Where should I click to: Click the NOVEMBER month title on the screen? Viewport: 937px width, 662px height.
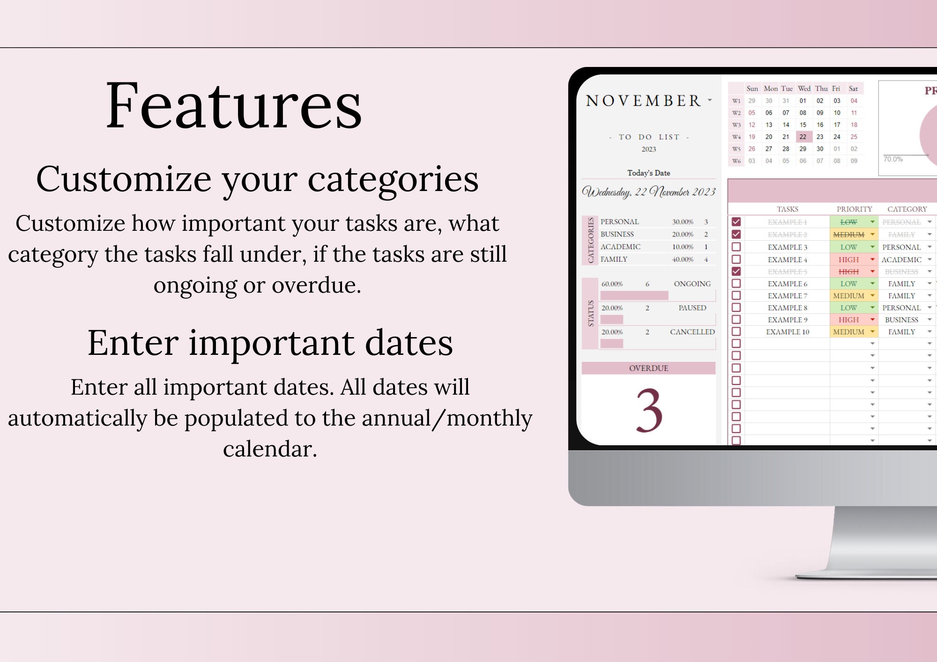click(643, 101)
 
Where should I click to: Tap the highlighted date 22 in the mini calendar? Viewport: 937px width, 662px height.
click(803, 137)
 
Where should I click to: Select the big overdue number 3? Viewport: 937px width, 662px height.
click(649, 411)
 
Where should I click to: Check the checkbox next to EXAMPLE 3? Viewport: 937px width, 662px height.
click(736, 247)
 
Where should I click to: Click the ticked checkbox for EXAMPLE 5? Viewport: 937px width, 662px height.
click(736, 271)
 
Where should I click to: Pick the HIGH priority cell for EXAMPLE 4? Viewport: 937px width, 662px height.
click(848, 259)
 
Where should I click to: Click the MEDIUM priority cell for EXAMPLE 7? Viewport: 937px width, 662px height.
click(848, 295)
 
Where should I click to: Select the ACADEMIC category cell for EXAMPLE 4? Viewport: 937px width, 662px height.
click(901, 259)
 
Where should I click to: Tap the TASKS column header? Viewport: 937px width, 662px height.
click(788, 209)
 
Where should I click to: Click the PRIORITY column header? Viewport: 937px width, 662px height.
click(854, 209)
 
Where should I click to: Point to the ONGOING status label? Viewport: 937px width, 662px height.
click(692, 284)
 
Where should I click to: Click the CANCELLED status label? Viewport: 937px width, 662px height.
click(692, 331)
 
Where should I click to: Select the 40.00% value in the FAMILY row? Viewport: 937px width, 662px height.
click(683, 259)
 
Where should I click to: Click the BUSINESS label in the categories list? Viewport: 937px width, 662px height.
click(617, 234)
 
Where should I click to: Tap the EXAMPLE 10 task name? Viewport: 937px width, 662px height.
click(788, 331)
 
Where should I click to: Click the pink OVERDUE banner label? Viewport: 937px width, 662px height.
click(648, 368)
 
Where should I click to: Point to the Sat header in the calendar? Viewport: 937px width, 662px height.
click(853, 88)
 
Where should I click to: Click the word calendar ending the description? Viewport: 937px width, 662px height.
click(270, 449)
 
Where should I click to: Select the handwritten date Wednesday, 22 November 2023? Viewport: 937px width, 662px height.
click(648, 192)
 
